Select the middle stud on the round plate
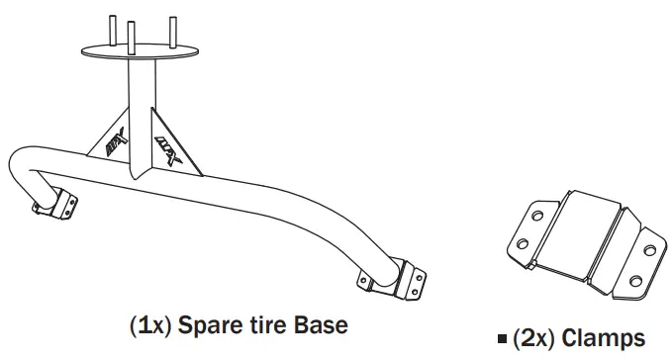[x=131, y=36]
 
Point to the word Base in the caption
[x=316, y=325]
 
